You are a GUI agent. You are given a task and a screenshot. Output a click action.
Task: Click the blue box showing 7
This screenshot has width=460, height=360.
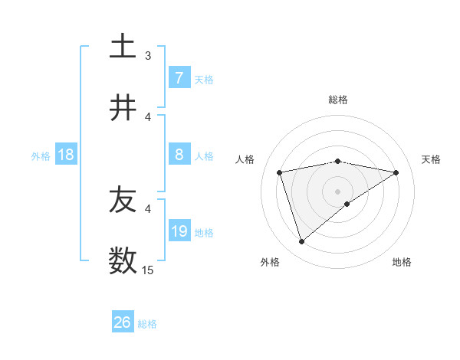(179, 77)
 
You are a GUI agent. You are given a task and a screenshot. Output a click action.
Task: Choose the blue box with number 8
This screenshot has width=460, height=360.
(179, 155)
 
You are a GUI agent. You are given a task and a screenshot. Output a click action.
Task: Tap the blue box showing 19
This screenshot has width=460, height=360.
(179, 231)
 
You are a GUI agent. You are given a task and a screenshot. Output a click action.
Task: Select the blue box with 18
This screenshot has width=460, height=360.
(66, 155)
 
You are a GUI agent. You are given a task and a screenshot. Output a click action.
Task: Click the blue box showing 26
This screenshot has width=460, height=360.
(123, 322)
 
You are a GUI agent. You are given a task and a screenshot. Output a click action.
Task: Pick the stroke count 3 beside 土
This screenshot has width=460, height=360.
(148, 55)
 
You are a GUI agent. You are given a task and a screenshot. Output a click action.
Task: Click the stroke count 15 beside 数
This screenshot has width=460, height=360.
(148, 270)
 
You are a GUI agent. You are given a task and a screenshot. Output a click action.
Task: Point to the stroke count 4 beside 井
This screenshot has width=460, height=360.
(148, 116)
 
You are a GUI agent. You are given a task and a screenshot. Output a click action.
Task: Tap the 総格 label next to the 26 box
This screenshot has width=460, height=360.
(147, 324)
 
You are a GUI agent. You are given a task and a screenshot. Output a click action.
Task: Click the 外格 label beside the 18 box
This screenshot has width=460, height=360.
(41, 156)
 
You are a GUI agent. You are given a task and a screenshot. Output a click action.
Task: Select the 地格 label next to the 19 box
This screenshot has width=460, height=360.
(204, 233)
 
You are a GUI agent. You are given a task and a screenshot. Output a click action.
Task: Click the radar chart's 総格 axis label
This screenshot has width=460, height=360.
(337, 100)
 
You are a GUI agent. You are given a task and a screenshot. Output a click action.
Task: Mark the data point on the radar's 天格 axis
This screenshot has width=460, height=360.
(396, 172)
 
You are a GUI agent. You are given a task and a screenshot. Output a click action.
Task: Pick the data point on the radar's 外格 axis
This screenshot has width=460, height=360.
(301, 241)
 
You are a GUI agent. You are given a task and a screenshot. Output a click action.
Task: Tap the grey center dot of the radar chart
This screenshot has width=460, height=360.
(337, 191)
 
